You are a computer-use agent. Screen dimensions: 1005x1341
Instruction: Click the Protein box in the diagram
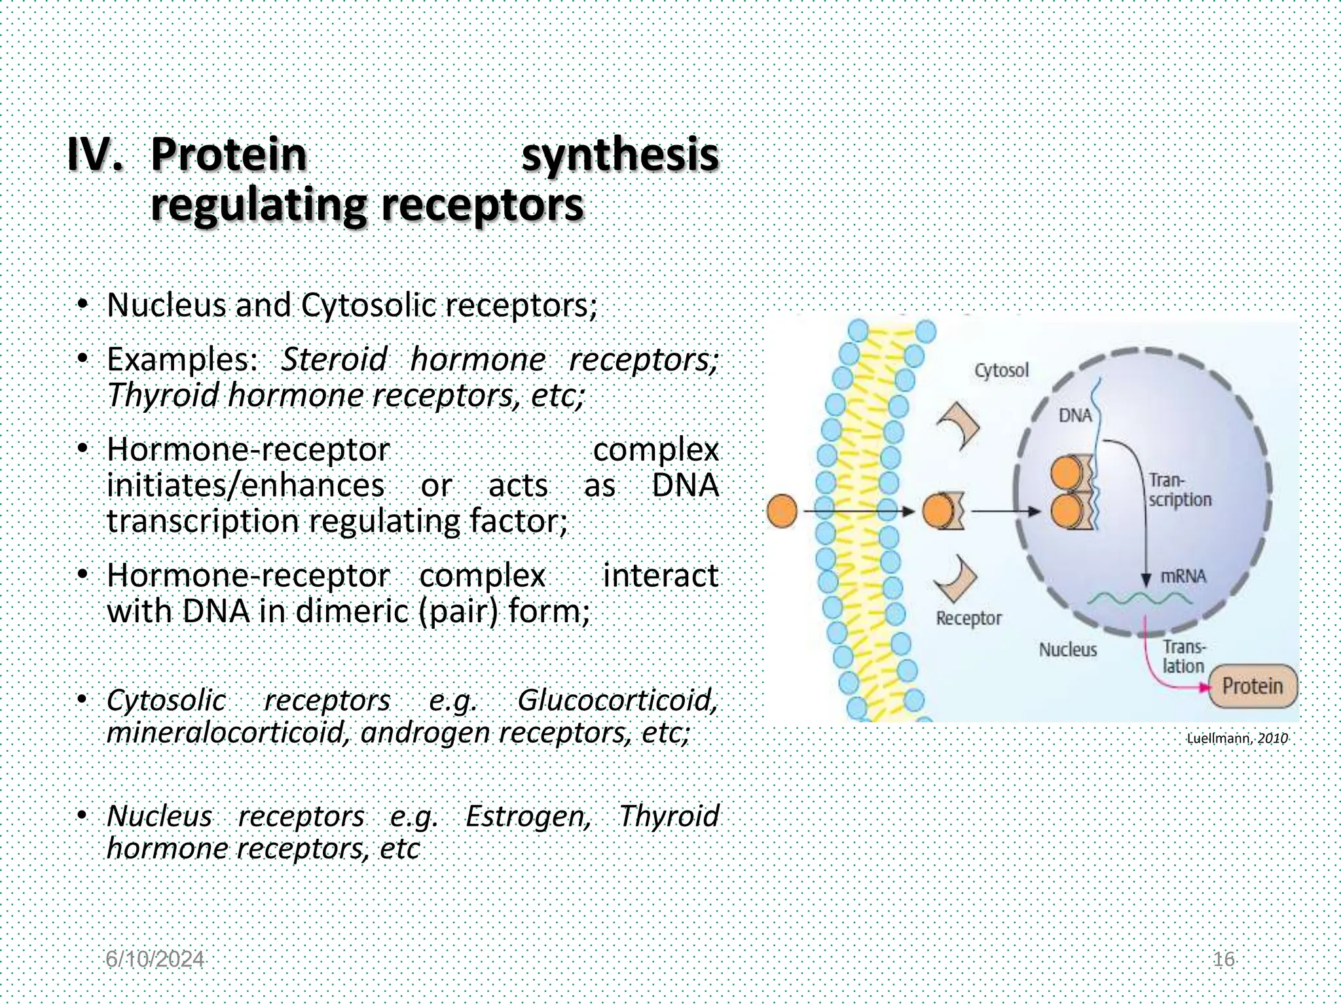pos(1252,686)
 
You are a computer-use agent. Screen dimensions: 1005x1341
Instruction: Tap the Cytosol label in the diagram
pos(1001,370)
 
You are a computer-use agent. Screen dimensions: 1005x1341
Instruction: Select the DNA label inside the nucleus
pos(1075,415)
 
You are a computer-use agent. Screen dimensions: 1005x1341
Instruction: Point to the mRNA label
pos(1183,576)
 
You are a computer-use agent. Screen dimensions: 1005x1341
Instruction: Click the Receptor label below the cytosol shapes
pos(968,618)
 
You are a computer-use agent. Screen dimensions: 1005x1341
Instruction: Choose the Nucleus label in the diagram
pos(1067,650)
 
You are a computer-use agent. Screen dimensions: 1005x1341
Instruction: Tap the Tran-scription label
pos(1179,490)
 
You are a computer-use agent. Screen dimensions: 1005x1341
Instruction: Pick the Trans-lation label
pos(1183,656)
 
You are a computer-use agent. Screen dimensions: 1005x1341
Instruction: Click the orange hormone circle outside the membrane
pos(782,511)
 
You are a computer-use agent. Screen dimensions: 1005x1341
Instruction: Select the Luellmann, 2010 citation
pos(1237,739)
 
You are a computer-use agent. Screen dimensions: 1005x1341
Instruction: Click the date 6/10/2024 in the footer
pos(155,959)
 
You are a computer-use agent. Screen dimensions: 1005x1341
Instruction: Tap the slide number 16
pos(1223,959)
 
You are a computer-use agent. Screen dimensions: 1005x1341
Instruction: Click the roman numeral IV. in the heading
pos(96,154)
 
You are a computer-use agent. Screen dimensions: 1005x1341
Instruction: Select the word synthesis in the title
pos(619,154)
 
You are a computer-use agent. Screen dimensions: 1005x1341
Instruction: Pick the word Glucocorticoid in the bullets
pos(617,700)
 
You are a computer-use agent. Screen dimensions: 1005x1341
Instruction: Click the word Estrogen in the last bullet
pos(528,816)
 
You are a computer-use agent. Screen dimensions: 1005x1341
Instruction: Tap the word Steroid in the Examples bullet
pos(334,359)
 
